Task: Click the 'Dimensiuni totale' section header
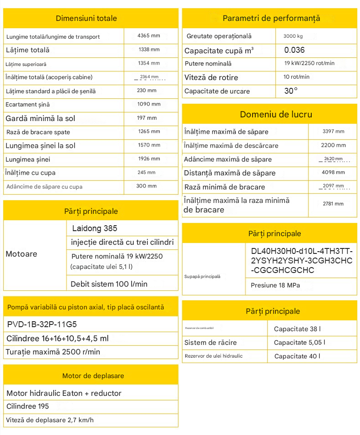[x=86, y=18]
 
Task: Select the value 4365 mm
[x=149, y=35]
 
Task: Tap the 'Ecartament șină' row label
[x=28, y=105]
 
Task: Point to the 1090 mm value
[x=149, y=104]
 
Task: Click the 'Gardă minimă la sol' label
[x=41, y=118]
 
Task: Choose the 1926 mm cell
[x=149, y=159]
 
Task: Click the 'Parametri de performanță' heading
[x=271, y=18]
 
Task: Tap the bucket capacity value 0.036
[x=294, y=50]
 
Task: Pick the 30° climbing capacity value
[x=291, y=91]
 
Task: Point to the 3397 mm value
[x=333, y=132]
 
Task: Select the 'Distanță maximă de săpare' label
[x=230, y=173]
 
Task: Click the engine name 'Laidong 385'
[x=95, y=228]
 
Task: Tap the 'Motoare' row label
[x=21, y=254]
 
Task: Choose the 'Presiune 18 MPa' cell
[x=275, y=286]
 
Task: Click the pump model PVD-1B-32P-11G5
[x=42, y=324]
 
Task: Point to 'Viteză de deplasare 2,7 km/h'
[x=50, y=420]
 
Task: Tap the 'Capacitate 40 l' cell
[x=297, y=356]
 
